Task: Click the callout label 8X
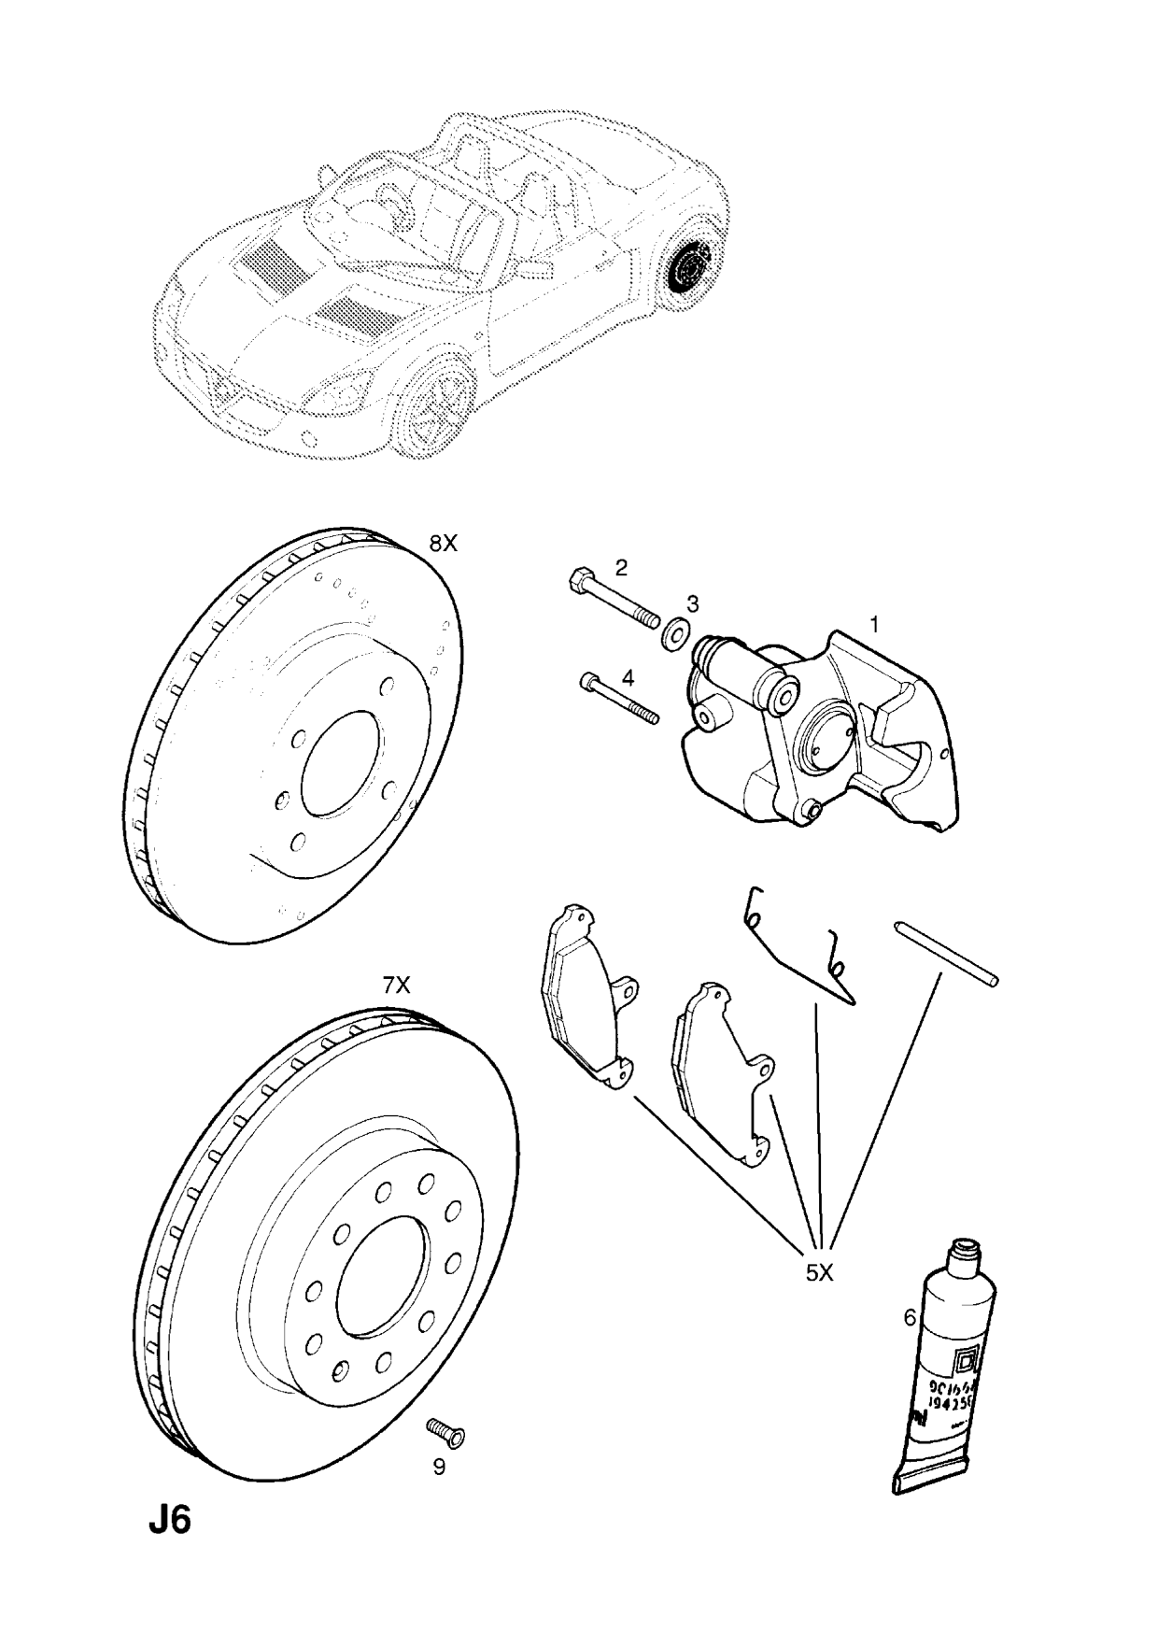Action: pos(443,544)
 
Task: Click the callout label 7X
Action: pos(395,985)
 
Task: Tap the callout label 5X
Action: pos(819,1272)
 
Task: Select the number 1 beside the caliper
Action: pos(874,624)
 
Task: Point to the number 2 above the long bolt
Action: pos(620,567)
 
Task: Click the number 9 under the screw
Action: pos(438,1493)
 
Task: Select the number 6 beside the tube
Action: pos(909,1318)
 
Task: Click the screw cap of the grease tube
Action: pos(964,1250)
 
